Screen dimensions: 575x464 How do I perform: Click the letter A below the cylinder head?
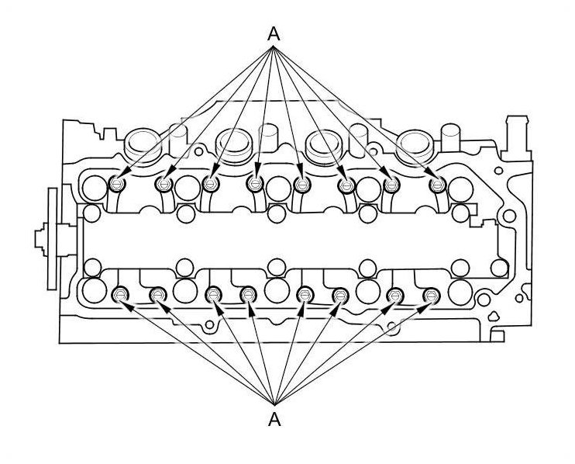(x=273, y=420)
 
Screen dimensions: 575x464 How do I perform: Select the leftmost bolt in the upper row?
(x=119, y=184)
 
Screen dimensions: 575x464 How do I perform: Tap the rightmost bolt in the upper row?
(x=438, y=184)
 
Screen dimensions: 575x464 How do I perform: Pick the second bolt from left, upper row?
(x=164, y=184)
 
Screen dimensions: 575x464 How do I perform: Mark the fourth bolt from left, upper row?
(x=255, y=184)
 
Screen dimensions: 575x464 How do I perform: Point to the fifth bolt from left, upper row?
(x=302, y=184)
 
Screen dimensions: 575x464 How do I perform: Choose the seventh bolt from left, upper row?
(x=392, y=184)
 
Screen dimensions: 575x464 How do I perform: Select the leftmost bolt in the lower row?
(x=120, y=295)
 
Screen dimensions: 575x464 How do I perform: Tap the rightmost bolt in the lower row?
(x=432, y=295)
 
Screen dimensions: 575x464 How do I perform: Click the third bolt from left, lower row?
(x=212, y=295)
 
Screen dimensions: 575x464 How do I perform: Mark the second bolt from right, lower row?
(x=395, y=295)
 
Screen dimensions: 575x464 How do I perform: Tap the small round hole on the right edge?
(x=509, y=215)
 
